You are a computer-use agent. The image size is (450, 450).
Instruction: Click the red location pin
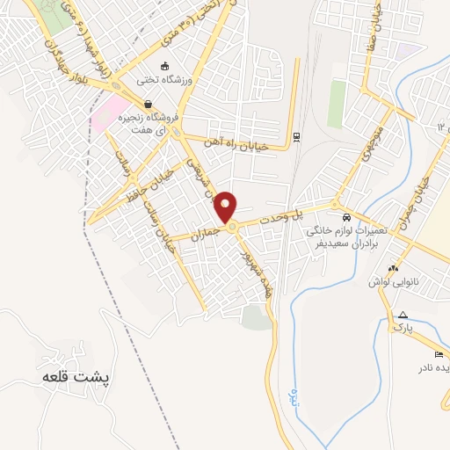tap(227, 207)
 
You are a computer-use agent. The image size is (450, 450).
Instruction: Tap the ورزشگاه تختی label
tap(163, 81)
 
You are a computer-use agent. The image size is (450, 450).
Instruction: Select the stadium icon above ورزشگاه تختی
tap(163, 66)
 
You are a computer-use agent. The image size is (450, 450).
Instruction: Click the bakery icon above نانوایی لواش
tap(393, 268)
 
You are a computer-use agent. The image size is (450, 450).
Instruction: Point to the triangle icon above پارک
tap(402, 315)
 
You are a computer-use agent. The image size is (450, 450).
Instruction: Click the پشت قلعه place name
tap(78, 376)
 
